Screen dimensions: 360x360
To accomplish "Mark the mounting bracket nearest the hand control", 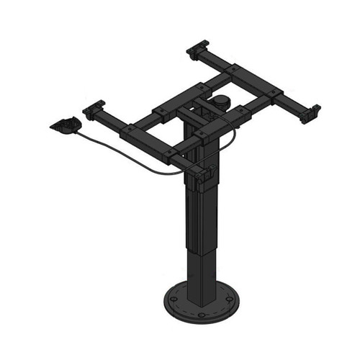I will pyautogui.click(x=92, y=111).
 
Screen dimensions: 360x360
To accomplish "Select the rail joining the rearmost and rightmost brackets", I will pyautogui.click(x=256, y=79).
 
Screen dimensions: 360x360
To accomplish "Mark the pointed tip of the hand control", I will pyautogui.click(x=51, y=127).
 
